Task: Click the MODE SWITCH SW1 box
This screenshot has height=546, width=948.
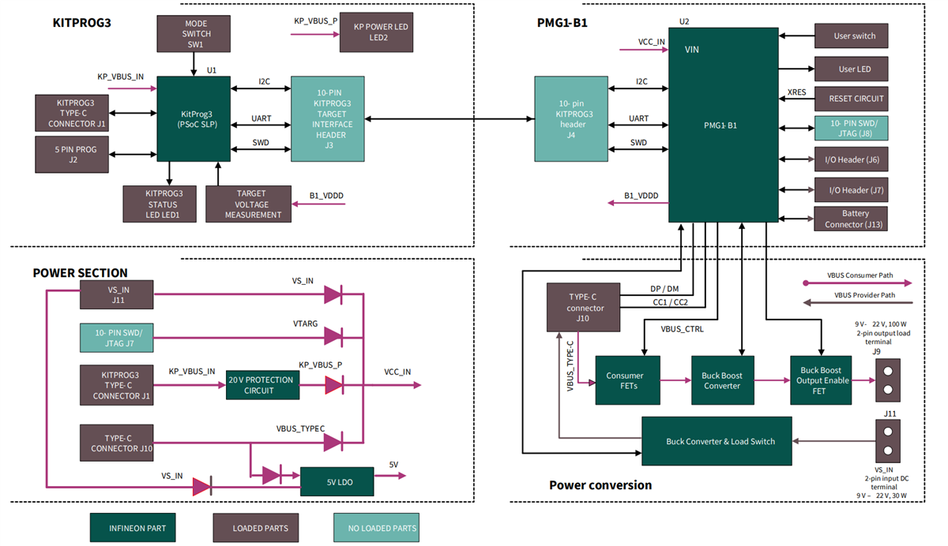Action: [196, 35]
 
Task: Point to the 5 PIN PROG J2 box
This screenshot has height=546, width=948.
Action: [71, 154]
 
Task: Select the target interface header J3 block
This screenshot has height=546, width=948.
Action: [328, 119]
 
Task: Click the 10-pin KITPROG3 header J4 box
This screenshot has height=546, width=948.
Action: [570, 119]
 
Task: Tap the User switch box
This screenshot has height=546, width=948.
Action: [851, 36]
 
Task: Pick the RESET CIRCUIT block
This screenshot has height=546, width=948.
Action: [851, 99]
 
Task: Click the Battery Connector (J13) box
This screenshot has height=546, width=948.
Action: [851, 219]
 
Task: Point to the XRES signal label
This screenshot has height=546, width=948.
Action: [796, 92]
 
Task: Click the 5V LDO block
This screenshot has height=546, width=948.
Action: [337, 481]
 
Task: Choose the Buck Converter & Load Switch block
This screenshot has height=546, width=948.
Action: [717, 441]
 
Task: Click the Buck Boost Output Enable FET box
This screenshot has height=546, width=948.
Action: [822, 380]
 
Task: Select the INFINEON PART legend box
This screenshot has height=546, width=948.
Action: [138, 527]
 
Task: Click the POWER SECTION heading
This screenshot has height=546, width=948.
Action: [80, 273]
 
